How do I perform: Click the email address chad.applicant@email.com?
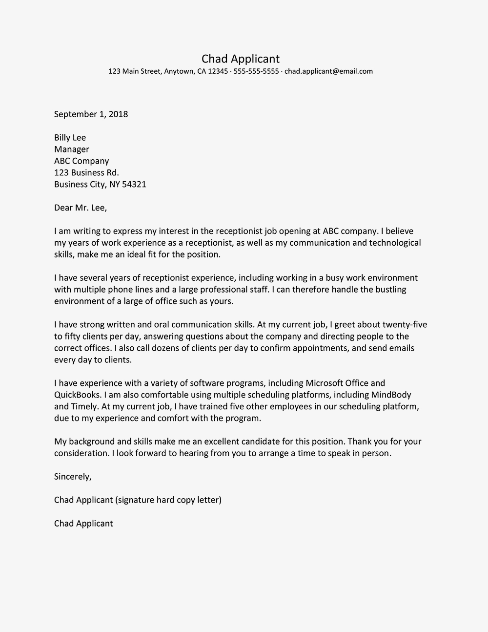pyautogui.click(x=328, y=71)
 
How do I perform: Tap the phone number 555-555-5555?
pyautogui.click(x=256, y=71)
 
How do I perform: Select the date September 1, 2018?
pyautogui.click(x=91, y=114)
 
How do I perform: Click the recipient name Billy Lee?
pyautogui.click(x=70, y=138)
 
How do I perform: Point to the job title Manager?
pyautogui.click(x=72, y=149)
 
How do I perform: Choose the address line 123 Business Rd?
pyautogui.click(x=86, y=173)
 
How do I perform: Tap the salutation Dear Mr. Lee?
pyautogui.click(x=80, y=208)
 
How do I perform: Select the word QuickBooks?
pyautogui.click(x=76, y=395)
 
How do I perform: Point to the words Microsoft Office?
pyautogui.click(x=338, y=383)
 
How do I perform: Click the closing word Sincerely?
pyautogui.click(x=73, y=477)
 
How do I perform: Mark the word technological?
pyautogui.click(x=395, y=243)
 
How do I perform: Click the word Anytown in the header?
pyautogui.click(x=178, y=71)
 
